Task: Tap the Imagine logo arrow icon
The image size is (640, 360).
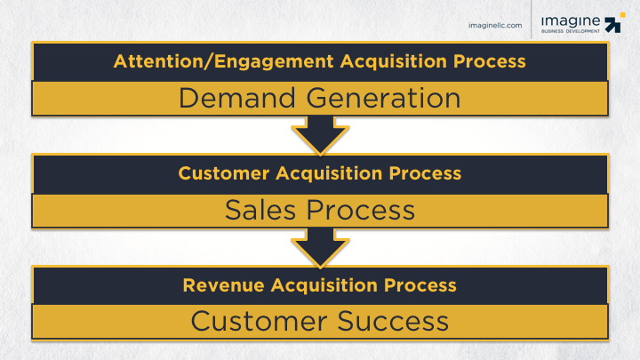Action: tap(614, 25)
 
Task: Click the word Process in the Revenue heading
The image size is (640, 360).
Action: tap(428, 285)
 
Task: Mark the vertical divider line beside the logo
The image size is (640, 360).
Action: tap(531, 25)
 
